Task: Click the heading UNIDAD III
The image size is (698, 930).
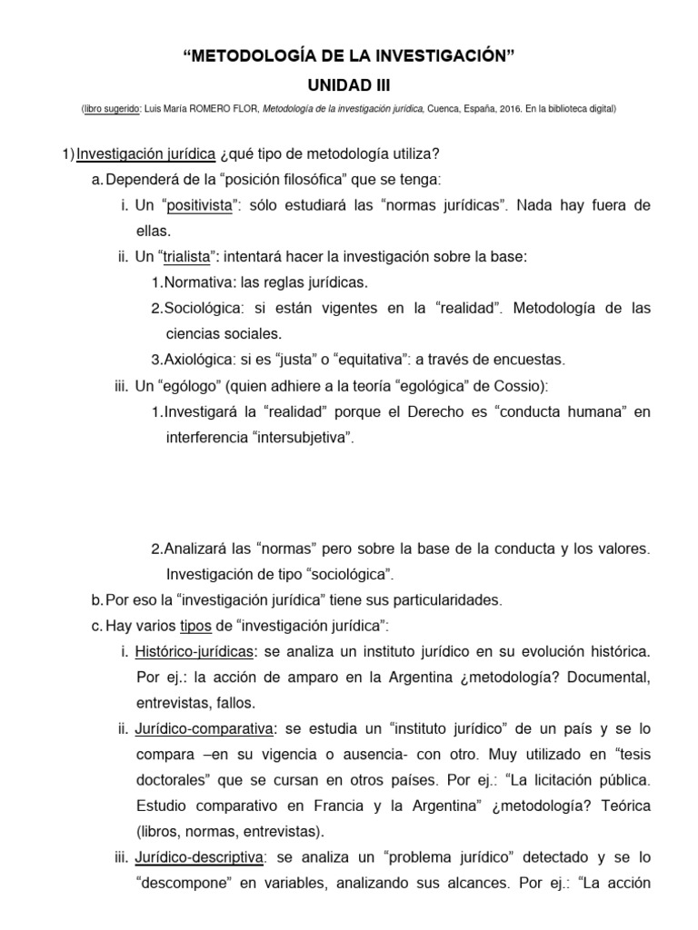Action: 349,85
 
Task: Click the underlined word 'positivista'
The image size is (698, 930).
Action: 199,206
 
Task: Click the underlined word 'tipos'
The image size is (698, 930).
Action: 195,626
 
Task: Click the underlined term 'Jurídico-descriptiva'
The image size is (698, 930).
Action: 200,856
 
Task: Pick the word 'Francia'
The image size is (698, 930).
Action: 404,806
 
